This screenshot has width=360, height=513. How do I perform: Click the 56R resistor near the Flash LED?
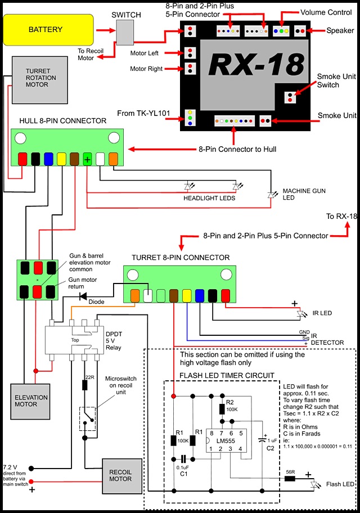click(x=290, y=478)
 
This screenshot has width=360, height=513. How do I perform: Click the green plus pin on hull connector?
click(x=88, y=159)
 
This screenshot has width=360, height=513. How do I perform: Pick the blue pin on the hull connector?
click(x=49, y=159)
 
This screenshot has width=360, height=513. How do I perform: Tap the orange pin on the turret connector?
click(x=135, y=294)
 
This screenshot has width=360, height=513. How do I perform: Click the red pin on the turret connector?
click(x=226, y=294)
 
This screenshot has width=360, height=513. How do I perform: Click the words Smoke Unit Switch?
click(x=328, y=80)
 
